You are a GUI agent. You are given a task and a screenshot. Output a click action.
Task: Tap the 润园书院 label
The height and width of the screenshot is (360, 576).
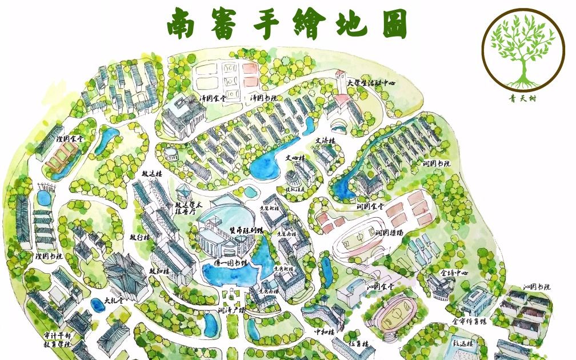[437, 164]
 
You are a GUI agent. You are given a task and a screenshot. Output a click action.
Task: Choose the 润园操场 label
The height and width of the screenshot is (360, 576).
[390, 233]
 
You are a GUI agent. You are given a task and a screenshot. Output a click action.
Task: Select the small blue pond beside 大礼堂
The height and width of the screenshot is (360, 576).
[98, 306]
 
